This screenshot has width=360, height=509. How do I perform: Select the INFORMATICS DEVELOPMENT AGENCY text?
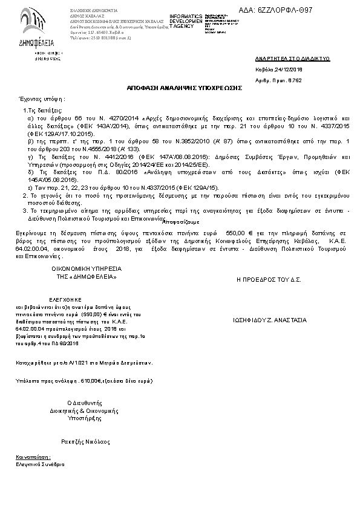coord(186,20)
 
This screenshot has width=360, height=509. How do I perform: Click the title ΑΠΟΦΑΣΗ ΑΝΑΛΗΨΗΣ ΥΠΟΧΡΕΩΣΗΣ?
coord(185,88)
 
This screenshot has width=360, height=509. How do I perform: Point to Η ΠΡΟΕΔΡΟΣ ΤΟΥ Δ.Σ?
coord(269,280)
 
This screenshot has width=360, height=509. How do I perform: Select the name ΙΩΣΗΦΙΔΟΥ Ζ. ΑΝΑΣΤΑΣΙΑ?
coord(270,320)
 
